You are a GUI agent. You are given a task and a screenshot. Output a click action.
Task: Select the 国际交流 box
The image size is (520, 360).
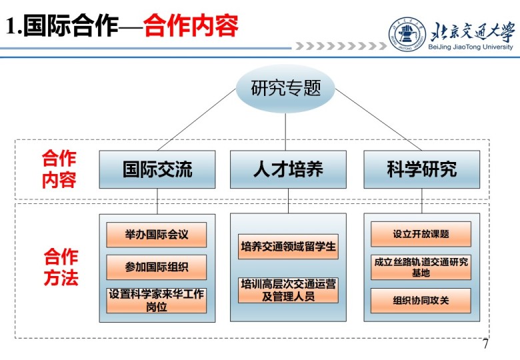157,169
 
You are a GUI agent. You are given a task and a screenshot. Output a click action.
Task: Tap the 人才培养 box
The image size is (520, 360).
288,169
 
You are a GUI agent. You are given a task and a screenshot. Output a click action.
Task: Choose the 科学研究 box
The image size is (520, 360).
421,169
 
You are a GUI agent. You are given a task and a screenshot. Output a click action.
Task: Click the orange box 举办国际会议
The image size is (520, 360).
157,235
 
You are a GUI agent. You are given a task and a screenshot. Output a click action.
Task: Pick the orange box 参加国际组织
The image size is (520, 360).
157,267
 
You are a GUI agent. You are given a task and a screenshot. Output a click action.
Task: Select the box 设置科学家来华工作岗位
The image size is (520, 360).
157,300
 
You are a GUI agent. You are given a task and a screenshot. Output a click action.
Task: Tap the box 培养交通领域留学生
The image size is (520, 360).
288,247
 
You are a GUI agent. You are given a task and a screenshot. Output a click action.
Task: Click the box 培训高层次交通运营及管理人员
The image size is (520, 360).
288,290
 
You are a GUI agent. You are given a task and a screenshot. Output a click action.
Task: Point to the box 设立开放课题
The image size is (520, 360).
421,234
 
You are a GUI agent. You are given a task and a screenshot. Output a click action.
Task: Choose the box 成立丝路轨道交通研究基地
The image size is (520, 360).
421,267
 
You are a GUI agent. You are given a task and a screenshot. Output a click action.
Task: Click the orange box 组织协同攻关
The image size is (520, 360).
421,301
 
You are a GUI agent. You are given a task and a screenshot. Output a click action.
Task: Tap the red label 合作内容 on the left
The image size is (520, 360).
59,169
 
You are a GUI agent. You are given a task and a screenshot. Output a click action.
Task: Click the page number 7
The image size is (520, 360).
485,345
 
